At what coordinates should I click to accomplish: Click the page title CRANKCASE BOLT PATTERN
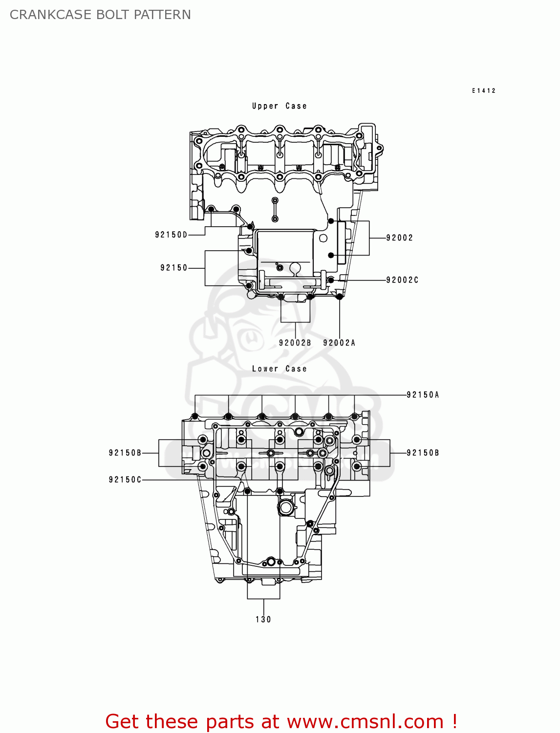(100, 15)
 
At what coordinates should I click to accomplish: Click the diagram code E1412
(483, 90)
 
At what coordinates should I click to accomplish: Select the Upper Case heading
(279, 106)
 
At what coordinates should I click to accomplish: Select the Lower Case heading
(279, 369)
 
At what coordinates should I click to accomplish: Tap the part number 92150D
(171, 235)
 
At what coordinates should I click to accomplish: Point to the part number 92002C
(402, 280)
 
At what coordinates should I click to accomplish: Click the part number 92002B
(295, 343)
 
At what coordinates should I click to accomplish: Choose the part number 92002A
(339, 343)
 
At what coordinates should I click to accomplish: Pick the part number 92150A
(423, 395)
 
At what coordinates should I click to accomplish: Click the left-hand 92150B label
(125, 453)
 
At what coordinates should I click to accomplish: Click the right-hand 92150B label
(423, 453)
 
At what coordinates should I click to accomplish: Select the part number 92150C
(125, 480)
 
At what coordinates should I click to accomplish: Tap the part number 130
(263, 620)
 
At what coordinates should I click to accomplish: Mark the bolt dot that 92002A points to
(340, 296)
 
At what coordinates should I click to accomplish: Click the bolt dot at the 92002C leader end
(331, 280)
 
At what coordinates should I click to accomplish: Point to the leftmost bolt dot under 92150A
(195, 416)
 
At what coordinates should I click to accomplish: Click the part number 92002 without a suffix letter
(399, 238)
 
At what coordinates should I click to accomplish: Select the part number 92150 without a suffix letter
(173, 268)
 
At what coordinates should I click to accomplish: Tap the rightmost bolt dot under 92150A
(354, 416)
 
